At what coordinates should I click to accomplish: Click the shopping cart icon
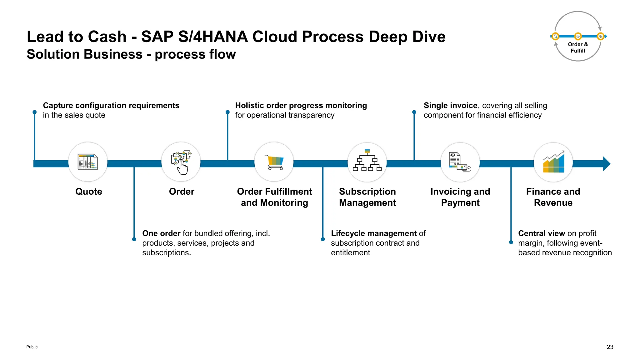click(x=274, y=162)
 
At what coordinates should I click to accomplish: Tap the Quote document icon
click(x=88, y=162)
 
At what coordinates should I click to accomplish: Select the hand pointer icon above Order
click(x=181, y=162)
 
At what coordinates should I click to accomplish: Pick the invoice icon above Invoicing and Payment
click(x=460, y=162)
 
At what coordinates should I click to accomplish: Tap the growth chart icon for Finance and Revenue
click(x=553, y=162)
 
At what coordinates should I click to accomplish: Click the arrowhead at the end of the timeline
click(x=606, y=164)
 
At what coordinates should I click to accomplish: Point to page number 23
click(x=610, y=347)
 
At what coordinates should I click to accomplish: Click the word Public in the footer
click(x=32, y=347)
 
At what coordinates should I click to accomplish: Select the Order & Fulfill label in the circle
click(x=578, y=47)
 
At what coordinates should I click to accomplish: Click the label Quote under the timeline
click(x=89, y=192)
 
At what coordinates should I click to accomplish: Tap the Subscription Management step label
click(x=367, y=197)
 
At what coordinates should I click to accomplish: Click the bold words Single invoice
click(x=450, y=106)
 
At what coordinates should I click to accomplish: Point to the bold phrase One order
click(x=161, y=233)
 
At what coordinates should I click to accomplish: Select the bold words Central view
click(x=542, y=233)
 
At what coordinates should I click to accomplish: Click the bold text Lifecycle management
click(x=374, y=233)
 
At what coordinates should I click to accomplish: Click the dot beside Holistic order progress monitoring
click(x=227, y=112)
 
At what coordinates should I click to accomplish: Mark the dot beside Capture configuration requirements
click(x=35, y=112)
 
